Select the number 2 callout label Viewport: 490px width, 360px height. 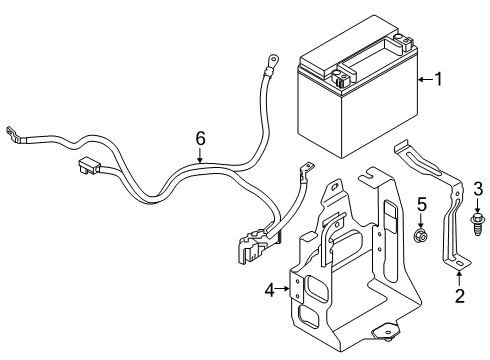pyautogui.click(x=459, y=295)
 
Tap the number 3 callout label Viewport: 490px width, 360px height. pyautogui.click(x=478, y=215)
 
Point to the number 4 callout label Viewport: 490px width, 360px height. pyautogui.click(x=268, y=290)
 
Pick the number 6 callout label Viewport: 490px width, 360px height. pyautogui.click(x=199, y=137)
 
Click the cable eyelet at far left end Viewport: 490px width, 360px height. pyautogui.click(x=12, y=130)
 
